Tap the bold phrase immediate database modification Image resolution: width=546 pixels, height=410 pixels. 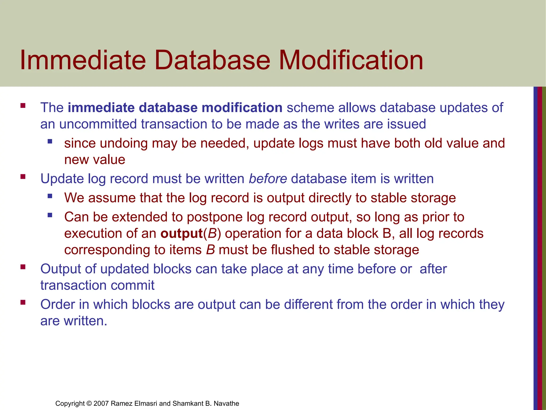175,108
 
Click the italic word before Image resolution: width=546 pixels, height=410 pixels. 268,179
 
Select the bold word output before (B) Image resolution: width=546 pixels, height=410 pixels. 182,234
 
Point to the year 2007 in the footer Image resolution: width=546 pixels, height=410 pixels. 101,403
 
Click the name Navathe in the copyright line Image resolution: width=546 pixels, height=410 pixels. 226,403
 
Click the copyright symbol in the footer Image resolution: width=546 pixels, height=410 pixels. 89,403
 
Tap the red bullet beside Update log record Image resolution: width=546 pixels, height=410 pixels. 23,176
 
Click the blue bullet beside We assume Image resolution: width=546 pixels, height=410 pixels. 50,196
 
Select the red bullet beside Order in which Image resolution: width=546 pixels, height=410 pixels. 23,302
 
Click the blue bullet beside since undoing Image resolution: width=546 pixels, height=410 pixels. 50,141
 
